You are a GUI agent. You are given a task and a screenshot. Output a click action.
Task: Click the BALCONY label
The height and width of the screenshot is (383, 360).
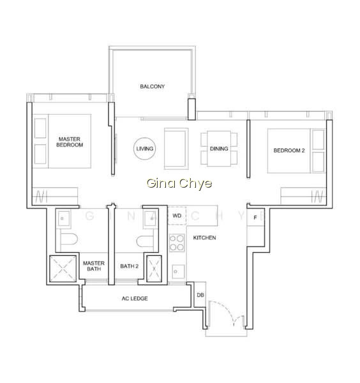coord(152,86)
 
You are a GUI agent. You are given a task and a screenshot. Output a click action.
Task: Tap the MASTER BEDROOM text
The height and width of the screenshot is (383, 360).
coord(70,142)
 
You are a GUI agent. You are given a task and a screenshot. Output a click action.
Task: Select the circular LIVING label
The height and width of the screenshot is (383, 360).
coord(145,149)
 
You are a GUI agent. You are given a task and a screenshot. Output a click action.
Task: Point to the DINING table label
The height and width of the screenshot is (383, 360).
coord(219,149)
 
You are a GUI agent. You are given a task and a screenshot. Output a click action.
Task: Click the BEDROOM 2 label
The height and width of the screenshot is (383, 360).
coord(289,151)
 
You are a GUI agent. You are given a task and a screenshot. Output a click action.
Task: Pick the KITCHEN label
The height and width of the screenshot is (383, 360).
coord(204,237)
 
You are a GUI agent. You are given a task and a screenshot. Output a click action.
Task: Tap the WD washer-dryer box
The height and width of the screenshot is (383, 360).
coord(177,216)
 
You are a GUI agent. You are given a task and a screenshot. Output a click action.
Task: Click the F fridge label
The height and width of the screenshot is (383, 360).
coord(255,218)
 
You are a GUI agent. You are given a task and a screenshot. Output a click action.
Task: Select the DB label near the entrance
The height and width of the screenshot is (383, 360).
coord(200,295)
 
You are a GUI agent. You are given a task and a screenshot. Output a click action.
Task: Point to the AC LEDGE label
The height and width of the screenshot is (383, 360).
coord(135,299)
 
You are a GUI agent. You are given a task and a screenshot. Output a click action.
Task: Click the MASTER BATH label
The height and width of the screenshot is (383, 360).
coord(94,266)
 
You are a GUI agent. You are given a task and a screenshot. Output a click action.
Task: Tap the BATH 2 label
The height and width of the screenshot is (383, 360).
coord(129,266)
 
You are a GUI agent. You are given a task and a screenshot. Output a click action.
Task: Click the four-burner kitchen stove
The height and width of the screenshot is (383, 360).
coord(177,243)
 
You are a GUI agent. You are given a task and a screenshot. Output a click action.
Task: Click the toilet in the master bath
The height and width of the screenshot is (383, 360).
coord(69,239)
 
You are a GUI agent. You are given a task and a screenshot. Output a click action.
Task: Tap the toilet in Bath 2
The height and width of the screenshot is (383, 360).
coord(145,241)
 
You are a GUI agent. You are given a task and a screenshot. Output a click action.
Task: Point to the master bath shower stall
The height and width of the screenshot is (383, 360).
coord(63,269)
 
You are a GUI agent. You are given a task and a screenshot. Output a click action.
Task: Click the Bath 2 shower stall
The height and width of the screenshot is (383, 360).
coord(154,269)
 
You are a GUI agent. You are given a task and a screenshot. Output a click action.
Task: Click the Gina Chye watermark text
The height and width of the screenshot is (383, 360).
coord(179,183)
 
